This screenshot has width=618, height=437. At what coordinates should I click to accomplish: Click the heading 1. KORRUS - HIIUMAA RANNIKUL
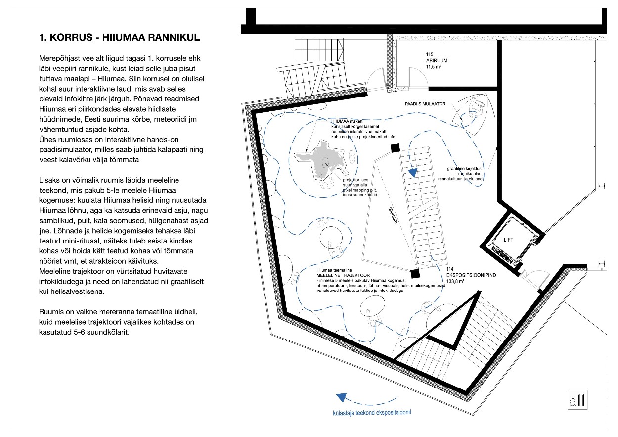119,38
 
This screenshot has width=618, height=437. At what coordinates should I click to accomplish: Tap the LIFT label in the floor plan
508,240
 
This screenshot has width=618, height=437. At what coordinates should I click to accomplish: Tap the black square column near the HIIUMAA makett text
395,148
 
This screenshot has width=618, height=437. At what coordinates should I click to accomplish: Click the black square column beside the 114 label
415,272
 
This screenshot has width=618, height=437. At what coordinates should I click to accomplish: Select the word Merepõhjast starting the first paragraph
58,58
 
